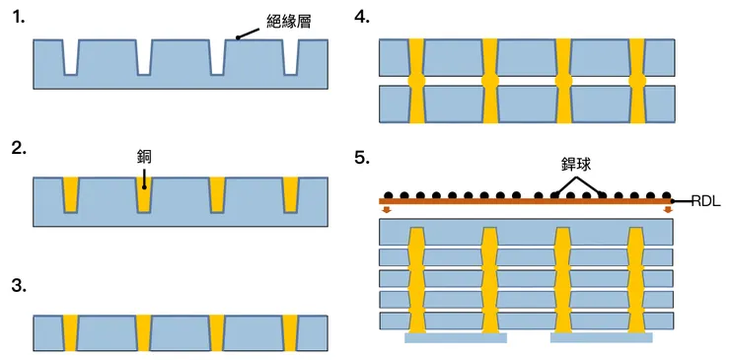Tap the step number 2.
point(18,150)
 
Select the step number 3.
point(18,287)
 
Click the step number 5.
point(362,158)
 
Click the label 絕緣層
point(290,20)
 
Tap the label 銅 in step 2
point(145,156)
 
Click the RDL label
point(706,201)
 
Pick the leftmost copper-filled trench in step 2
point(70,193)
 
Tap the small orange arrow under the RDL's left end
point(388,210)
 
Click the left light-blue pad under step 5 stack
point(456,337)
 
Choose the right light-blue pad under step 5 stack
point(600,337)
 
